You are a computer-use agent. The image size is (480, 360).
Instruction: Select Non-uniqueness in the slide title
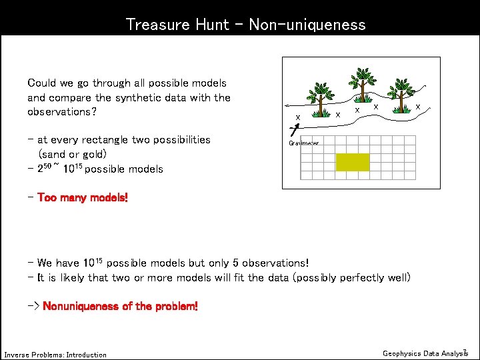[x=307, y=25]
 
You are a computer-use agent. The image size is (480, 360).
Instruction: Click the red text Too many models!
[x=83, y=198]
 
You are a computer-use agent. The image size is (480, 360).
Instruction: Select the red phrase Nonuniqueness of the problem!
[x=120, y=307]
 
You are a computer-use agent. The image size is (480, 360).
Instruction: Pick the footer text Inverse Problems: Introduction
[x=55, y=355]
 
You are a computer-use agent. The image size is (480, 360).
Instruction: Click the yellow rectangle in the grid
[x=353, y=162]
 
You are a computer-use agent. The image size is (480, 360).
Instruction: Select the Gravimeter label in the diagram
[x=304, y=143]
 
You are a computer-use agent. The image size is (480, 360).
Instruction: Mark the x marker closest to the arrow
[x=297, y=117]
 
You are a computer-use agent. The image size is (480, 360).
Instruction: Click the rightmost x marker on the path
[x=418, y=106]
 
